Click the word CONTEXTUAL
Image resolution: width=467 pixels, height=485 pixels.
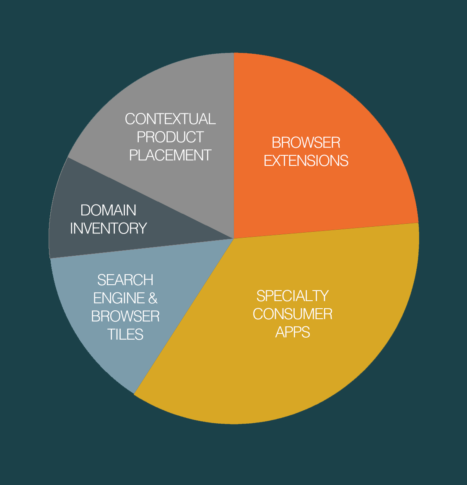tap(170, 119)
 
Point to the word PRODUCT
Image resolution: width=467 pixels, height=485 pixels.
tap(170, 137)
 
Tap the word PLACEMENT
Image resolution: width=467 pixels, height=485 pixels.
tap(170, 155)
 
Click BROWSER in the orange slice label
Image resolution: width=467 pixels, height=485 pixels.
tap(306, 143)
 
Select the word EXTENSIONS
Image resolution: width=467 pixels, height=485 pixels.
tap(306, 161)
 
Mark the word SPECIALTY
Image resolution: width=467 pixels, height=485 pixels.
tap(293, 296)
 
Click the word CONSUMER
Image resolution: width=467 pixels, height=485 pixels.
tap(293, 314)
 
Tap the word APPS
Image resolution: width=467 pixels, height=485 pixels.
tap(293, 332)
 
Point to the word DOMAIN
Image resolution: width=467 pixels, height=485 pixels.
tap(109, 210)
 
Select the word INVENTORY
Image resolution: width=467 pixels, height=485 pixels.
tap(109, 228)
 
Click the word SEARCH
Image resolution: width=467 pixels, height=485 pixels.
tap(125, 280)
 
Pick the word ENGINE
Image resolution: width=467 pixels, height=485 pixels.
tap(118, 298)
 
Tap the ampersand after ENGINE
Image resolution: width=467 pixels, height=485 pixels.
tap(153, 298)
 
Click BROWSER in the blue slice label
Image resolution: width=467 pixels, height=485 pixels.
tap(125, 316)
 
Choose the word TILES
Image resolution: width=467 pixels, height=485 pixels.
tap(125, 334)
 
